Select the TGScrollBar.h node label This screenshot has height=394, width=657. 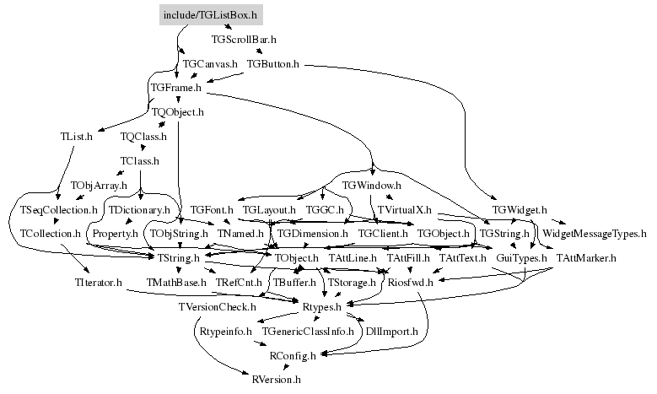(x=244, y=40)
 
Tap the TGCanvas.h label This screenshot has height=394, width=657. (x=210, y=64)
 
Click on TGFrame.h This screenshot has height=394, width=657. (x=175, y=88)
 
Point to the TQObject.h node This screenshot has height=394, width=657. (x=178, y=111)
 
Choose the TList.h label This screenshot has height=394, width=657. (x=77, y=136)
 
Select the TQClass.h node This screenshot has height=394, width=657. (x=144, y=136)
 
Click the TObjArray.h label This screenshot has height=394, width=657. (x=98, y=185)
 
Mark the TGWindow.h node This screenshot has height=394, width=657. (x=372, y=185)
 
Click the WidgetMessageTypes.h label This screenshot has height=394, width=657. (x=594, y=233)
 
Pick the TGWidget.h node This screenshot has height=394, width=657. (x=520, y=208)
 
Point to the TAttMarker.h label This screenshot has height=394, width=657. (x=586, y=257)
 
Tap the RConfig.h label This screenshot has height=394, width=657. (x=293, y=356)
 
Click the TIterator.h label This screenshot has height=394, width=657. (x=93, y=282)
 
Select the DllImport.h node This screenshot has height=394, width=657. (x=391, y=332)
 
